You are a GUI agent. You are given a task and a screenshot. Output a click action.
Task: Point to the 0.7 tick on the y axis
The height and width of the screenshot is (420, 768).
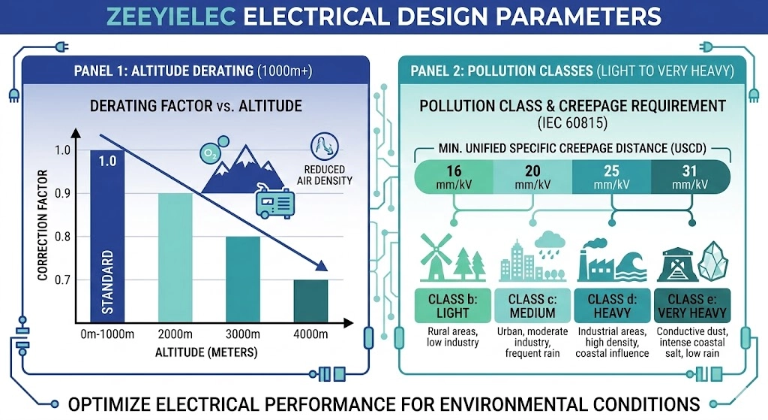point(67,280)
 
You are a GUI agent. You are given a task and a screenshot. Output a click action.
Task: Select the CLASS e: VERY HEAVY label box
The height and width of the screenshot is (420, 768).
point(691,305)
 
